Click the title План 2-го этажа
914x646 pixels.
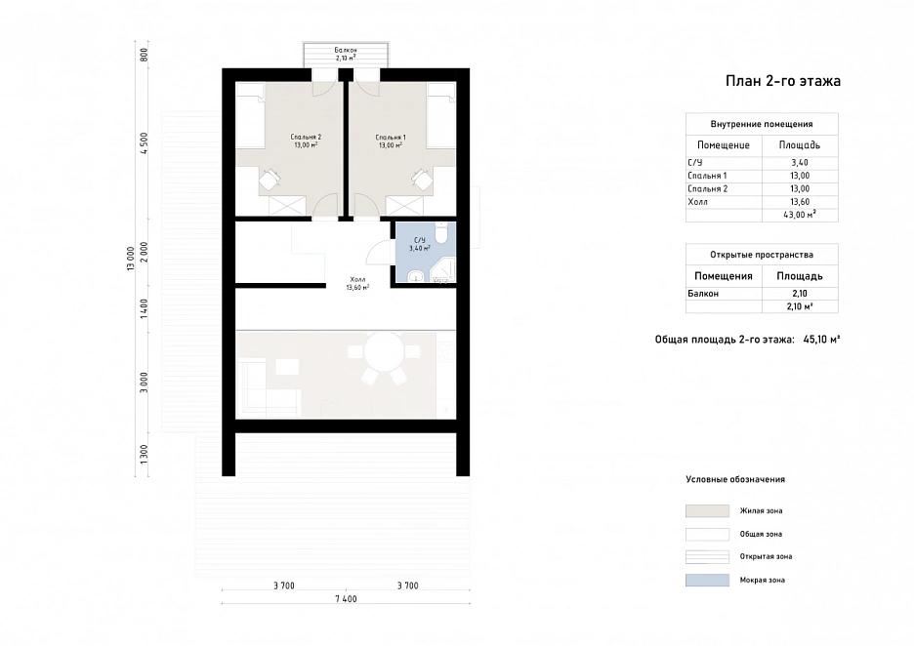[x=783, y=81]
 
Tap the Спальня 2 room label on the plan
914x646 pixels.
[x=306, y=138]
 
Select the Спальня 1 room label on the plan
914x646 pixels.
[x=391, y=138]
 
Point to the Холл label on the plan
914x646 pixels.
[x=357, y=280]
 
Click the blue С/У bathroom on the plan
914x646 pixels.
[x=426, y=252]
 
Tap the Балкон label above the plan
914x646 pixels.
[x=346, y=50]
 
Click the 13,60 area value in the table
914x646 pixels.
[x=800, y=202]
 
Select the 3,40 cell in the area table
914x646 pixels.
[x=800, y=163]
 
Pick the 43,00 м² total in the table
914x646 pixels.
[x=800, y=215]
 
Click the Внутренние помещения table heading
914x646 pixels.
[x=762, y=124]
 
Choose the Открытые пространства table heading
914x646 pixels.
[x=762, y=255]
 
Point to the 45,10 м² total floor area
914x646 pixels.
[x=821, y=339]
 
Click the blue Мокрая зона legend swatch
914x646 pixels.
[x=707, y=580]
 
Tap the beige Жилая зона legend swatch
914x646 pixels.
[x=707, y=511]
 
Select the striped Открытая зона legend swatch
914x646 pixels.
[x=707, y=556]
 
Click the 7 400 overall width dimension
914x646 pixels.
[x=346, y=599]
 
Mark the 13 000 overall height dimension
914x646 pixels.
[x=131, y=259]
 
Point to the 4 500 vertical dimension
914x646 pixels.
[x=144, y=143]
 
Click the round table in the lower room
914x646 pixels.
[x=384, y=351]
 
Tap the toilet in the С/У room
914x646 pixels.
[x=442, y=232]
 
